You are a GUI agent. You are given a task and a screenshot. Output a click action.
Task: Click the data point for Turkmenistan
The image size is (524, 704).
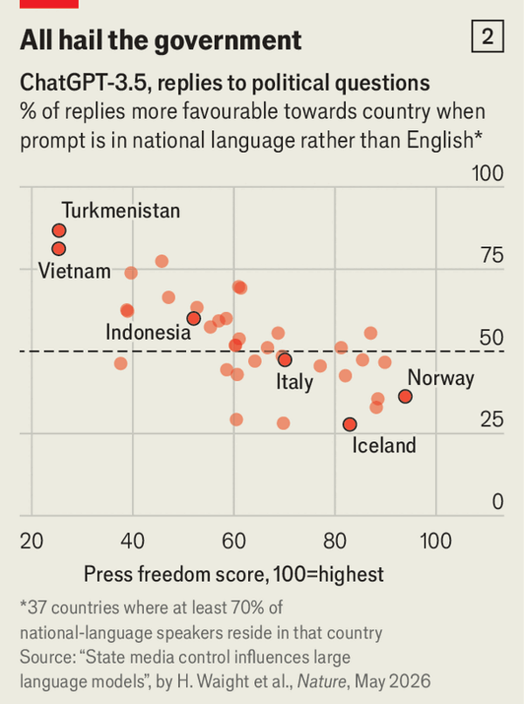click(x=59, y=231)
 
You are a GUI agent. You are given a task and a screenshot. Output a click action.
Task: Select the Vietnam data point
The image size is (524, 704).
click(x=59, y=248)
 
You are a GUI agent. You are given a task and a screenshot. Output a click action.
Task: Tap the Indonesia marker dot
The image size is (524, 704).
click(x=194, y=318)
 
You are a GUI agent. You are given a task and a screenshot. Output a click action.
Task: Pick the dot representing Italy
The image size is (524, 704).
click(x=285, y=360)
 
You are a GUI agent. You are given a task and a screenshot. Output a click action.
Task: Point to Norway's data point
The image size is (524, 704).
click(x=405, y=397)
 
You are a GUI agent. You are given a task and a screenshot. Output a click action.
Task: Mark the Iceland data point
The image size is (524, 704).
click(x=350, y=424)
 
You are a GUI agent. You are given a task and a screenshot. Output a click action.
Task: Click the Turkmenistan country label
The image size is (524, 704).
click(x=121, y=211)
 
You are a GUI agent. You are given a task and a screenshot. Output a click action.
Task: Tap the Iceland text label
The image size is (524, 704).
click(x=384, y=445)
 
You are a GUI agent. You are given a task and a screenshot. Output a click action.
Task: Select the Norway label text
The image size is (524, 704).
click(x=440, y=378)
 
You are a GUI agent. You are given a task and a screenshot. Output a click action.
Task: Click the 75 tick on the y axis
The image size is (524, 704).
click(x=492, y=255)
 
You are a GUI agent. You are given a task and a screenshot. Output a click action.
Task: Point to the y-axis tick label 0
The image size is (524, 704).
click(x=498, y=501)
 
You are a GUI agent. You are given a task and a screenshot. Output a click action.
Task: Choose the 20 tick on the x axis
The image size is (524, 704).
click(x=31, y=541)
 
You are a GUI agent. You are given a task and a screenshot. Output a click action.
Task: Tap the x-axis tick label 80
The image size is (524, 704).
click(x=334, y=541)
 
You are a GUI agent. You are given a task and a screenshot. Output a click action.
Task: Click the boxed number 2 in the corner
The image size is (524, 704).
click(x=487, y=36)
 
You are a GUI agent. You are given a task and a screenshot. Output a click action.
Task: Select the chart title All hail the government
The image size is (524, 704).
click(x=161, y=41)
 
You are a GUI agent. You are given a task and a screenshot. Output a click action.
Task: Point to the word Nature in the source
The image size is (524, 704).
click(x=321, y=681)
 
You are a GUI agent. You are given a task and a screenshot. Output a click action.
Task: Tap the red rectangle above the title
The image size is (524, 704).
click(x=50, y=4)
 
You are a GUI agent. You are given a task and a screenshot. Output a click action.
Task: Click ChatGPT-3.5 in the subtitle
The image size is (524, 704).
click(x=83, y=83)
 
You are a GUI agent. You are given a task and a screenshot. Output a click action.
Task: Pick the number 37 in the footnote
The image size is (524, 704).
click(x=37, y=607)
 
